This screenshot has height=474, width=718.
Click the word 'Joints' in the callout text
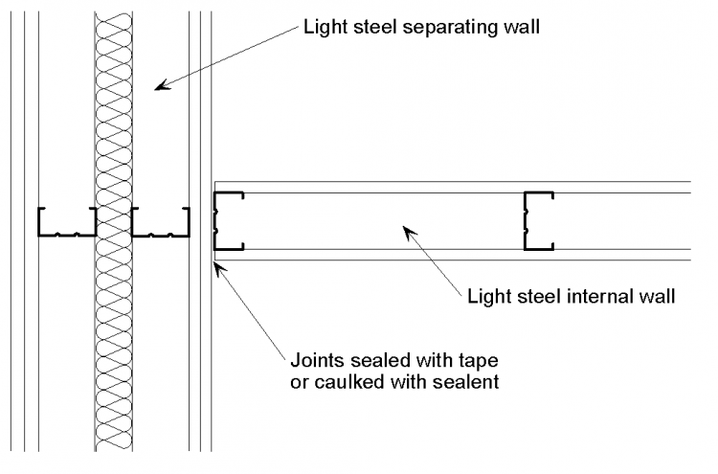315,363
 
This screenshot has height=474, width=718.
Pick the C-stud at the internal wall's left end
228,220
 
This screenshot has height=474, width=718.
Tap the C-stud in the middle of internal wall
538,220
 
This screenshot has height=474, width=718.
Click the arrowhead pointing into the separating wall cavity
162,86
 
